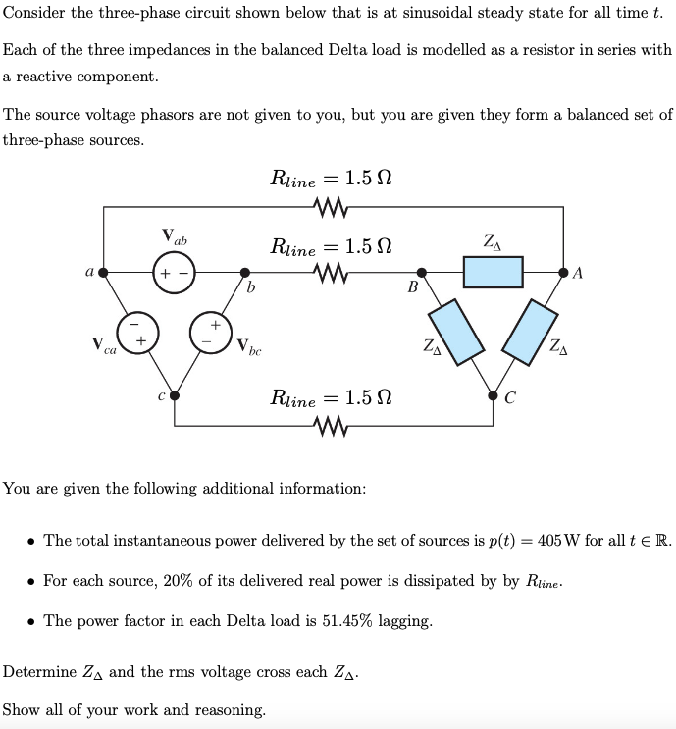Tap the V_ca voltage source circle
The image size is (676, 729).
[136, 331]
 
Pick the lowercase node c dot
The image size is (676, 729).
[174, 395]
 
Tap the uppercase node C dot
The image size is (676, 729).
[492, 395]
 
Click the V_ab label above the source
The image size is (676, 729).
[175, 237]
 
